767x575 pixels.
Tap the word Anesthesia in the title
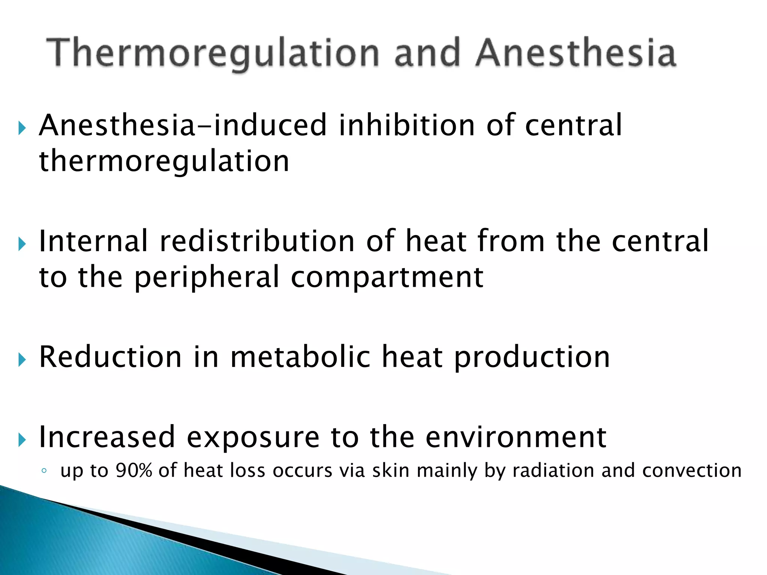[x=576, y=53]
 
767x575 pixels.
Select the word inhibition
[x=407, y=125]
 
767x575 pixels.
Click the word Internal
[x=94, y=241]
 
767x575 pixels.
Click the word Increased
[x=107, y=437]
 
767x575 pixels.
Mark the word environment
[x=516, y=437]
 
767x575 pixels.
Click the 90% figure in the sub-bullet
[x=134, y=470]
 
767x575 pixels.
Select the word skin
[x=391, y=470]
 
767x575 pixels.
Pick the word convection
[x=692, y=470]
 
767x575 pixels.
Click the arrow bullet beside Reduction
[x=22, y=360]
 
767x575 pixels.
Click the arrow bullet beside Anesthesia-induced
[x=22, y=128]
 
